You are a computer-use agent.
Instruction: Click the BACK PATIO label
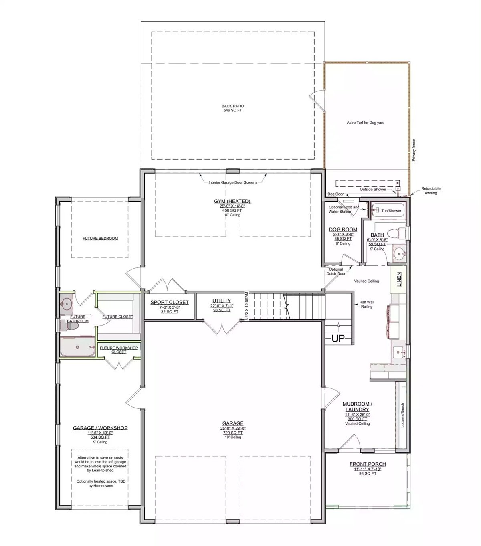[232, 106]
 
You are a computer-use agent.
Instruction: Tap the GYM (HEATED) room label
[232, 201]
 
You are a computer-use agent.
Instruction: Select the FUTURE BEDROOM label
[100, 238]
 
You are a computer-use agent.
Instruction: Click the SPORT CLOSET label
[170, 302]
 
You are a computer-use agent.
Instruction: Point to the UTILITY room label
[222, 301]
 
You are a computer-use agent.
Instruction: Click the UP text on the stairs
[338, 339]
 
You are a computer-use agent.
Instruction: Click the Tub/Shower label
[391, 211]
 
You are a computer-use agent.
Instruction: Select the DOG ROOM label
[343, 230]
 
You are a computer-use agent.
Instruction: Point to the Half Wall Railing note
[366, 305]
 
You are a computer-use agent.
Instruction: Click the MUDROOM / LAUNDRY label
[357, 406]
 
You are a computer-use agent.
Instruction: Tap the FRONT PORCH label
[368, 464]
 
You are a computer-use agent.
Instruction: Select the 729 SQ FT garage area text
[233, 433]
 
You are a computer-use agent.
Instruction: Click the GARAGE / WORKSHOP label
[100, 428]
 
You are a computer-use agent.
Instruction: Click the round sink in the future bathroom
[66, 303]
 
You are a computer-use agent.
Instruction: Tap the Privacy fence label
[414, 150]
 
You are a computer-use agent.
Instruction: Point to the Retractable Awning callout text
[430, 190]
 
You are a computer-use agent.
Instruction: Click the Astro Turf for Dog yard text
[365, 123]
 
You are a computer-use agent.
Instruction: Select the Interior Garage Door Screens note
[233, 182]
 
